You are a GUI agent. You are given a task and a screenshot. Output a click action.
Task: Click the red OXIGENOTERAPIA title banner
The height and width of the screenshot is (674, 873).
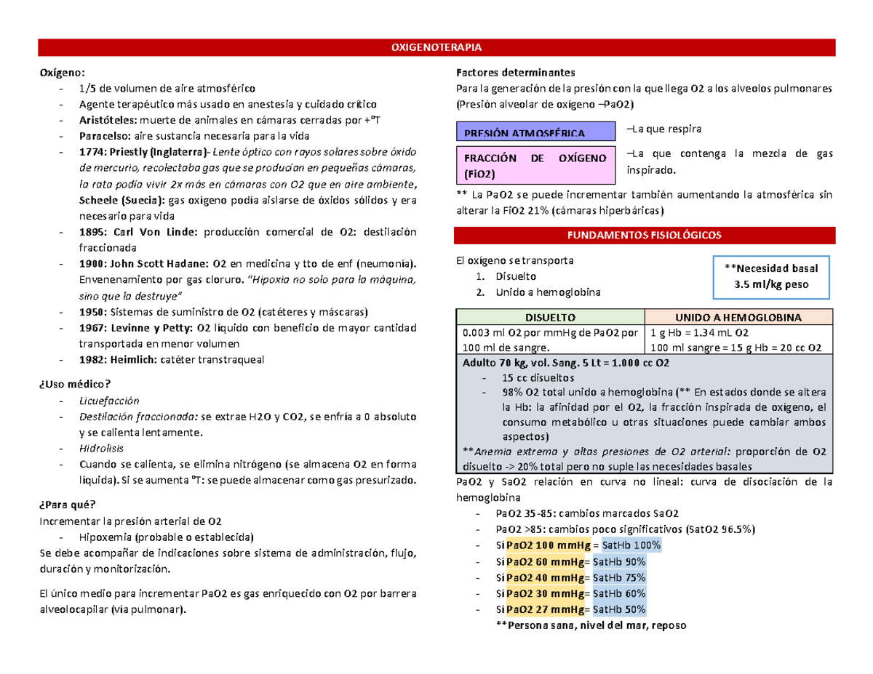coord(436,48)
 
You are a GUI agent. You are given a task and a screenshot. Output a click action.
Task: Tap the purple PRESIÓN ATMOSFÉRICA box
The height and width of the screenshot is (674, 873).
coord(534,133)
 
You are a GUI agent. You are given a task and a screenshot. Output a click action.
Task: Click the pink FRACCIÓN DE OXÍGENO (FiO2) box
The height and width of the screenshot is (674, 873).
coord(534,166)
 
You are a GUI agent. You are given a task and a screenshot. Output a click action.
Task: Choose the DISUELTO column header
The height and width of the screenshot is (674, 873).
coord(550,318)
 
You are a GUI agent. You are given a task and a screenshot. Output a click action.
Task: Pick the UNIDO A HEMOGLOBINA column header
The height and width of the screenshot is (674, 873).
coord(738,318)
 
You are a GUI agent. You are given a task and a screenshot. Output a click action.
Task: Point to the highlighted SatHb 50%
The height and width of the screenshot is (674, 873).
coord(619,609)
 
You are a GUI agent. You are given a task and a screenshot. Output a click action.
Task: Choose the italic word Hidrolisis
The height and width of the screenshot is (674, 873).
coord(101,449)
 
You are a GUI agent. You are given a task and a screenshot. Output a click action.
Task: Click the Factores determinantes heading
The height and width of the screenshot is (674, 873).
coord(514,73)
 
